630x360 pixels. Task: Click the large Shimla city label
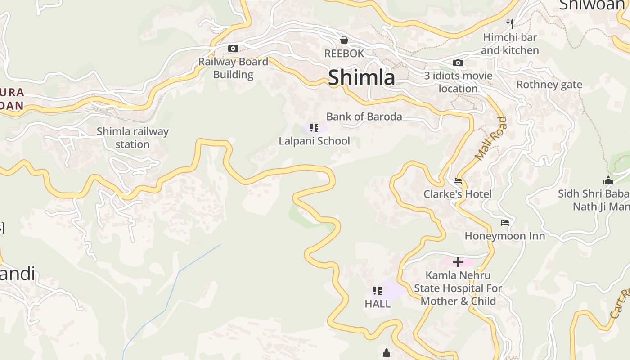(361, 77)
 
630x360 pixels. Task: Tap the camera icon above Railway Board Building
(233, 48)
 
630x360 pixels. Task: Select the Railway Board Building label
(233, 68)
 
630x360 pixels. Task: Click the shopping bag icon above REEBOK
(344, 40)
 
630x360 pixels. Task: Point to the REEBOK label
(344, 54)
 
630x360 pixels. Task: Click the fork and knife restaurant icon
(510, 23)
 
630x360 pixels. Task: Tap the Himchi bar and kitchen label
(510, 44)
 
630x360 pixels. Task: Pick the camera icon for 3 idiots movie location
(458, 63)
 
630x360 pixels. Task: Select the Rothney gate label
(549, 85)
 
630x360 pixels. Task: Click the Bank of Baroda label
(364, 117)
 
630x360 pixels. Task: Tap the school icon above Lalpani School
(314, 128)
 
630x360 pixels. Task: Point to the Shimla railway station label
(133, 138)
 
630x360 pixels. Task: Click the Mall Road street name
(491, 139)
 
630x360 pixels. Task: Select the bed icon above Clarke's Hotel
(458, 181)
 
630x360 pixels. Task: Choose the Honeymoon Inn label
(504, 236)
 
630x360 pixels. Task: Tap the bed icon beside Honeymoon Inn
(505, 222)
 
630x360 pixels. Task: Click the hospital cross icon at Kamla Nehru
(458, 261)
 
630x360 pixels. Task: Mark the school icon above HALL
(378, 291)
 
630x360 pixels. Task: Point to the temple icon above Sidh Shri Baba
(608, 181)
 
